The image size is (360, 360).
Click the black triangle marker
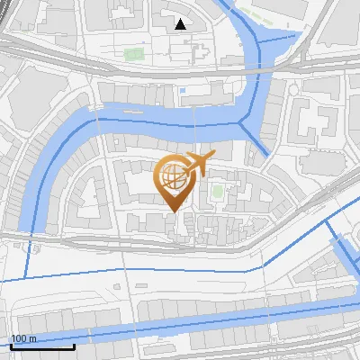pyautogui.click(x=181, y=24)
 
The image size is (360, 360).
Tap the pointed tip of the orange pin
pyautogui.click(x=171, y=211)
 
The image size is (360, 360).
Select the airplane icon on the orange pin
pyautogui.click(x=199, y=163)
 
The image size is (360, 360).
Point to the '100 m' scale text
pyautogui.click(x=22, y=338)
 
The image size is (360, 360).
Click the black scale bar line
pyautogui.click(x=41, y=346)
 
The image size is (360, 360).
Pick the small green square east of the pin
pyautogui.click(x=217, y=192)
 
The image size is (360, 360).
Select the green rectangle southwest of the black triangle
pyautogui.click(x=134, y=54)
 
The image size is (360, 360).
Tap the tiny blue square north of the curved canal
pyautogui.click(x=182, y=91)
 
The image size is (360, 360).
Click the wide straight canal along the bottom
pyautogui.click(x=180, y=320)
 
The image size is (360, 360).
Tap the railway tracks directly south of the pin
pyautogui.click(x=171, y=241)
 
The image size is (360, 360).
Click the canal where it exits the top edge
pyautogui.click(x=229, y=4)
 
